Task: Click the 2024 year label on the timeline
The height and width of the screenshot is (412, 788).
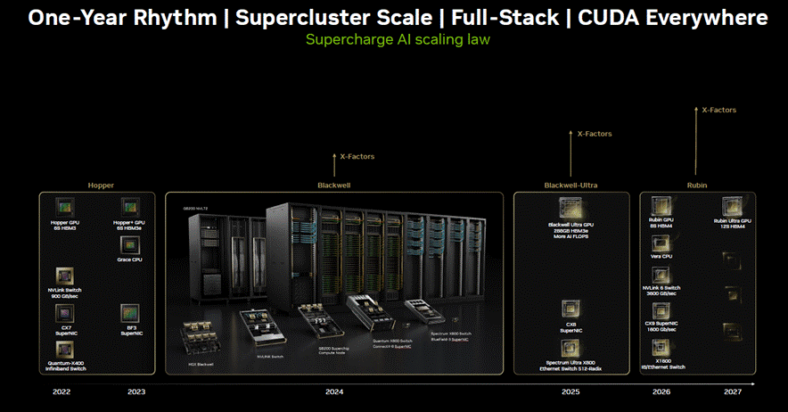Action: click(x=333, y=391)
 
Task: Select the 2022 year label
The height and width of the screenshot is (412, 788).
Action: click(x=62, y=391)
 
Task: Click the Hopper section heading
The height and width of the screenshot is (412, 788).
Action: click(x=101, y=185)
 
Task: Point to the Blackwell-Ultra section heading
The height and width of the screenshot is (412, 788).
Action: click(x=570, y=185)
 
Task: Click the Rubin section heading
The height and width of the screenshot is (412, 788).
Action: click(x=697, y=185)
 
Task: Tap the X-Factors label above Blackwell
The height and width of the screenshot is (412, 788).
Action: click(x=357, y=156)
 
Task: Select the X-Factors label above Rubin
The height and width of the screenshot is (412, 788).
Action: click(x=718, y=110)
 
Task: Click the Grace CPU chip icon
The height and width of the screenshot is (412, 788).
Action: click(x=128, y=243)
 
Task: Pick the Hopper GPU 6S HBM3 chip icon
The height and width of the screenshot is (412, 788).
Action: click(x=65, y=204)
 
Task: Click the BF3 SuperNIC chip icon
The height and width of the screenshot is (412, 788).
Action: click(x=128, y=312)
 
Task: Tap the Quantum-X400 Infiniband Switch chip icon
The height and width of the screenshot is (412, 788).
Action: click(x=65, y=348)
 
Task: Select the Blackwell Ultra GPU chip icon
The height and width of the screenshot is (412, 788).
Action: click(x=570, y=207)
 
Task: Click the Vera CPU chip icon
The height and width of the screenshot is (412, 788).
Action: click(x=661, y=240)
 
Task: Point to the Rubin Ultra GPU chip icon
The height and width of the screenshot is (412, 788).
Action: click(x=733, y=204)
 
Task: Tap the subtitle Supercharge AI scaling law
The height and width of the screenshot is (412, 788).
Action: click(x=398, y=39)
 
